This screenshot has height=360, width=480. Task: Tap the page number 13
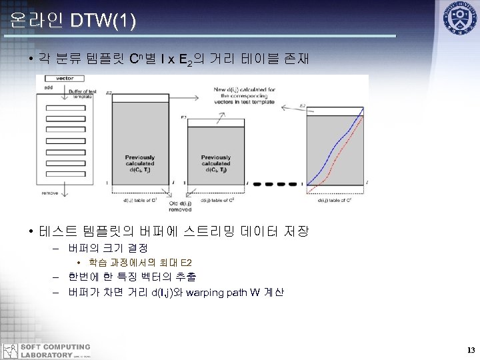471,350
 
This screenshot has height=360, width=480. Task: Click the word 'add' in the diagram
49,87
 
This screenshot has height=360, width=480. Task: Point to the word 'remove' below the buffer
49,193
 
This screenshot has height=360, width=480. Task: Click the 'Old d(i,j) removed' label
181,206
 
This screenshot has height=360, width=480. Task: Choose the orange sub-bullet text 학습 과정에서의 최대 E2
139,262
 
